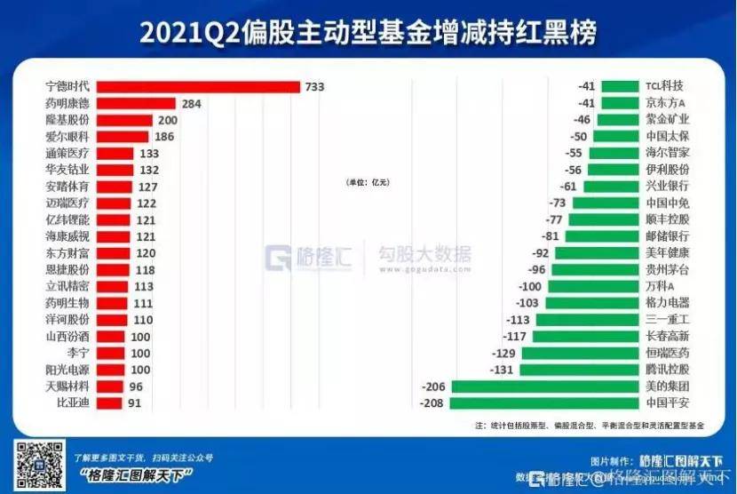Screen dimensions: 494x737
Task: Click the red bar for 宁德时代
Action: click(198, 87)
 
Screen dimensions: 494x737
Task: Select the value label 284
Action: click(191, 104)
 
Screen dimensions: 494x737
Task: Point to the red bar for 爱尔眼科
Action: click(122, 137)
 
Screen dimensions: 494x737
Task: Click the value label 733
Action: click(315, 87)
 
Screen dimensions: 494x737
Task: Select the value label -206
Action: click(432, 386)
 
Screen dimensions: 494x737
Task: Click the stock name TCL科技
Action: click(665, 87)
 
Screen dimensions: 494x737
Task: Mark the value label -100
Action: click(531, 286)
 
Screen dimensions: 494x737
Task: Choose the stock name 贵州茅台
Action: click(667, 270)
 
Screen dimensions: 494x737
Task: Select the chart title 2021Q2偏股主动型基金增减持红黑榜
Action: click(368, 32)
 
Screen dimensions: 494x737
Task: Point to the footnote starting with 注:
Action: click(590, 426)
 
